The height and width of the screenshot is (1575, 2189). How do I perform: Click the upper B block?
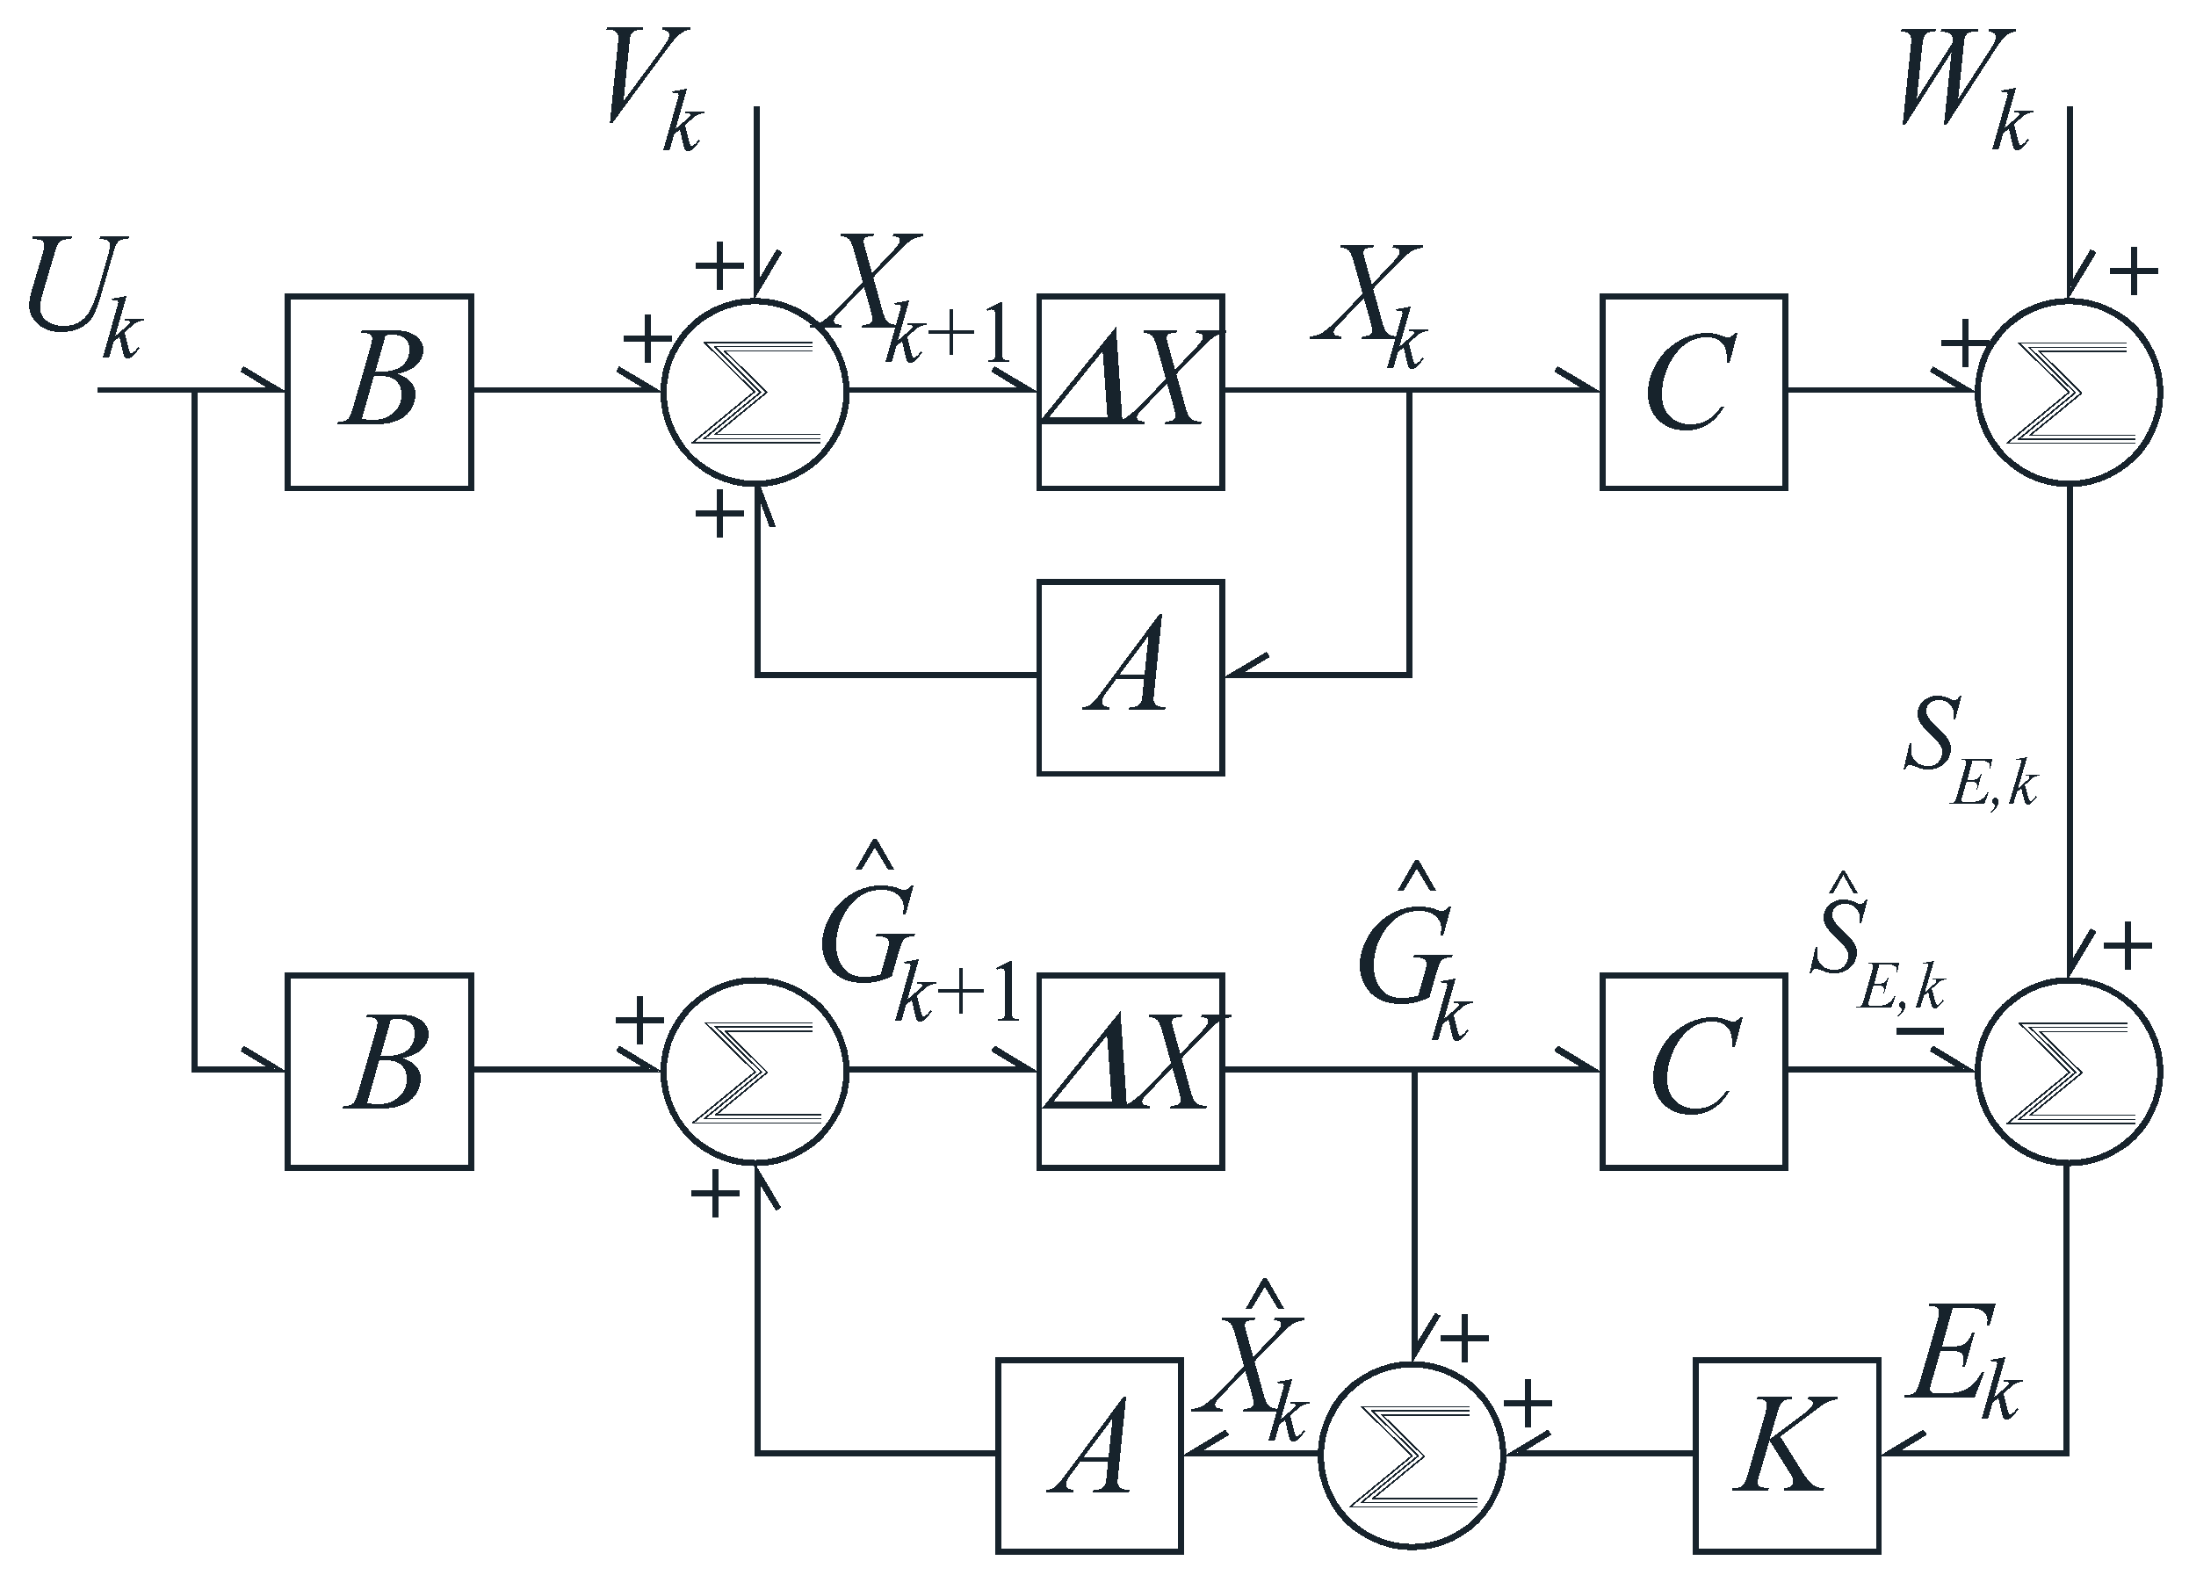click(x=379, y=392)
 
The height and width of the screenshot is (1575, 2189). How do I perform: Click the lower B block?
click(x=379, y=1072)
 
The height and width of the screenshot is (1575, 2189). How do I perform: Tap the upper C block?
click(x=1693, y=392)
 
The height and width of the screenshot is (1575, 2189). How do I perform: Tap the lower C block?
click(x=1693, y=1072)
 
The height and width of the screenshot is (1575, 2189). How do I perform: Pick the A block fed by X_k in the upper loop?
click(x=1131, y=677)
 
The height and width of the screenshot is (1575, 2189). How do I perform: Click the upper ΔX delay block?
click(x=1131, y=392)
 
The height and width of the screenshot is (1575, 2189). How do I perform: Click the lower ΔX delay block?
click(x=1131, y=1072)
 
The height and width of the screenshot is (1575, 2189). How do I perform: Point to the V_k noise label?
click(x=652, y=91)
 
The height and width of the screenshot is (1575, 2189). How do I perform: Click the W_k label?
click(x=1964, y=91)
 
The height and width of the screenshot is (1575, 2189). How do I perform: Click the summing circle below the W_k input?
click(x=2069, y=392)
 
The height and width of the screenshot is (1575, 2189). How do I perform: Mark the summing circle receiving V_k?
click(x=754, y=392)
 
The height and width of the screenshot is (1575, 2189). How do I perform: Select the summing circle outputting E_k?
click(x=2069, y=1072)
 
